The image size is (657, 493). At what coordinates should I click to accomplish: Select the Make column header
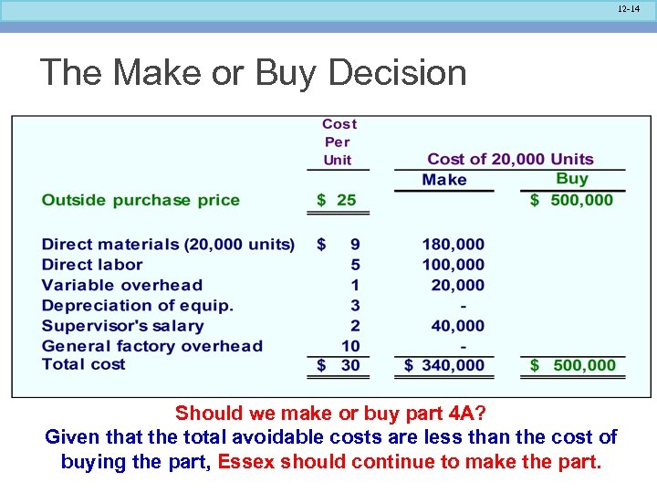pos(444,180)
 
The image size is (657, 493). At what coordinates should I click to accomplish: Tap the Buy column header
pos(572,179)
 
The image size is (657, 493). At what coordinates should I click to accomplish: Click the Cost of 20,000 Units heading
pos(510,159)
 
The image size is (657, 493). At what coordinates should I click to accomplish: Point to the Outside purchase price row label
pos(141,200)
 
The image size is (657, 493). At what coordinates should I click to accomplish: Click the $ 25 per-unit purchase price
pos(337,200)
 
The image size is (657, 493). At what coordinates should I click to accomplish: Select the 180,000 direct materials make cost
pos(453,245)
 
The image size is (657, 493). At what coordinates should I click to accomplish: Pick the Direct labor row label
pos(92,265)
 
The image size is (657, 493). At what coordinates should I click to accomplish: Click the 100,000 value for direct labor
pos(453,265)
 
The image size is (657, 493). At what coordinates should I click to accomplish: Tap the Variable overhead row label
pos(122,285)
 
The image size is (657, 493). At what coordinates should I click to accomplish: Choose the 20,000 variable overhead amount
pos(458,285)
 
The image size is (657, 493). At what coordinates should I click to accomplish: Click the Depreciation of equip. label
pos(138,306)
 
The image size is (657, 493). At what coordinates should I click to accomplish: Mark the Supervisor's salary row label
pos(123,326)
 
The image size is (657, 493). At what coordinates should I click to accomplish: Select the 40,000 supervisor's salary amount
pos(458,326)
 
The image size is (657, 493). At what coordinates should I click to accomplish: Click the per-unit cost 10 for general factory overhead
pos(351,346)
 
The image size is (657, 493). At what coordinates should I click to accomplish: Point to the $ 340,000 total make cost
pos(444,365)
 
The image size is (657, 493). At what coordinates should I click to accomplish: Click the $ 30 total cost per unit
pos(339,365)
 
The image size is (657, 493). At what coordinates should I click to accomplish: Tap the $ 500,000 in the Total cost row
pos(573,365)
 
